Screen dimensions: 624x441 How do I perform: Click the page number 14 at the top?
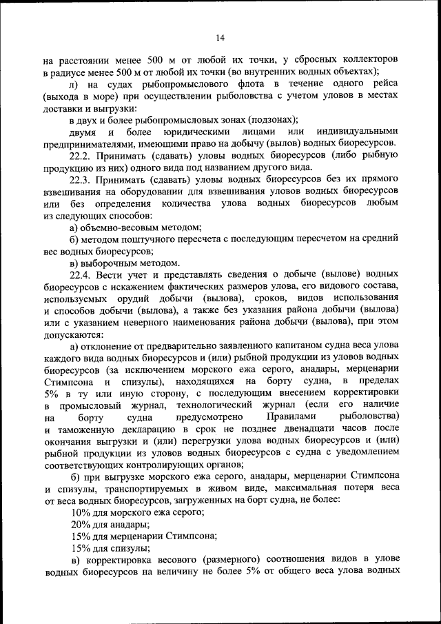[x=220, y=37]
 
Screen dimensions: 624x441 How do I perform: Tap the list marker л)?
[x=74, y=84]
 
